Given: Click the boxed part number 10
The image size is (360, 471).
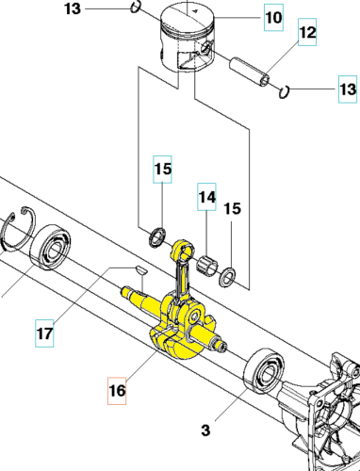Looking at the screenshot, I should (271, 18).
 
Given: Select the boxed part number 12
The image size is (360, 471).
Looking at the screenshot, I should (307, 35).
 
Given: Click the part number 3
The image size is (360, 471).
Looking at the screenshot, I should (205, 432).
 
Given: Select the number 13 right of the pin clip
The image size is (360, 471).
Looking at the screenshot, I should (348, 89).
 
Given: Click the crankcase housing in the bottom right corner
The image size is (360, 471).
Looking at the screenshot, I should (331, 414).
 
